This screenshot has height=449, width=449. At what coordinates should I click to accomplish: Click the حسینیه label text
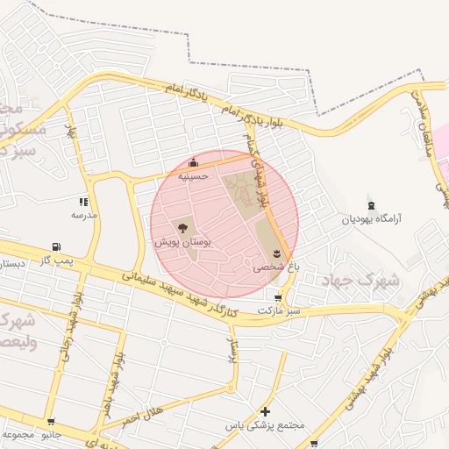point(193,175)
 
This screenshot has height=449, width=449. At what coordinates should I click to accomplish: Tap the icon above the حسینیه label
point(193,162)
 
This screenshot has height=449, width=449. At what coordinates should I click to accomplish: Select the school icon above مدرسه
point(84,202)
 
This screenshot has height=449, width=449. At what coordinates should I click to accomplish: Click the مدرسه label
point(84,214)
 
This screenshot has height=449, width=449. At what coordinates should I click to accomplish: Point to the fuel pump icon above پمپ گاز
point(57,247)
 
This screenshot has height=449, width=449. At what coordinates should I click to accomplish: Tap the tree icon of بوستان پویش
point(182,228)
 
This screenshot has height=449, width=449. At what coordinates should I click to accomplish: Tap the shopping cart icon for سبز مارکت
point(279,297)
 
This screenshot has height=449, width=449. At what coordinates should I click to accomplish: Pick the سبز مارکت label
point(279,310)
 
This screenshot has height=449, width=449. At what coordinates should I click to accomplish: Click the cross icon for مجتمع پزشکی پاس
point(266,411)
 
